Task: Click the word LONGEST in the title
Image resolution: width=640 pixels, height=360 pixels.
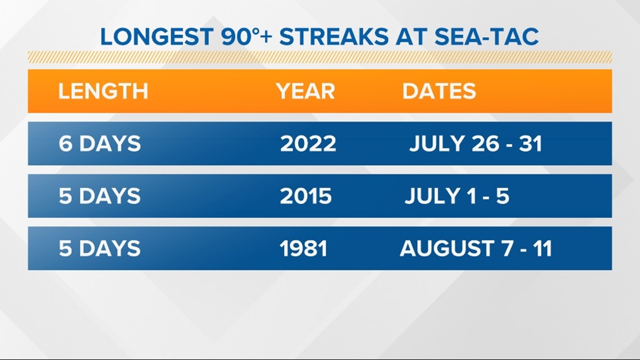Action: point(157,37)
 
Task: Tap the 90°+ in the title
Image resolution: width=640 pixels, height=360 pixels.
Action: point(246,37)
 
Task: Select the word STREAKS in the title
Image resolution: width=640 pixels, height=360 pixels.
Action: point(334,37)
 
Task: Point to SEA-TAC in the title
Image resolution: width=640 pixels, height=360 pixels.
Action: point(487,37)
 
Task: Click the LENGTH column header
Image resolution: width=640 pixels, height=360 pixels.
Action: point(103,91)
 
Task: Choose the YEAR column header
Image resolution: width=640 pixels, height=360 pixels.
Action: point(305,91)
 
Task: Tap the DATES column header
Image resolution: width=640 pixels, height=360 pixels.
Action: point(439,91)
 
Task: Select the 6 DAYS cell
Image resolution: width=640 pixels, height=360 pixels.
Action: point(99,144)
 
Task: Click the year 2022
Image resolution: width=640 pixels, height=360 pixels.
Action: point(308,144)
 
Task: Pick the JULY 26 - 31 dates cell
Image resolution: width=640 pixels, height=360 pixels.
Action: point(476,144)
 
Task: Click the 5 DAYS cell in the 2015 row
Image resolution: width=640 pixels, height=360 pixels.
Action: point(99,196)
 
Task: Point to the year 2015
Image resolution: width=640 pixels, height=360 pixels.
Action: point(306,196)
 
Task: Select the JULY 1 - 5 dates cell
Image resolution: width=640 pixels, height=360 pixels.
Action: point(457,196)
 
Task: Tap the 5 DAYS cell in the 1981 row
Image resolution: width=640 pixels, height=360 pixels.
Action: point(99,248)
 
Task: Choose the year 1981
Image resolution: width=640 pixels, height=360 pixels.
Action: point(304,248)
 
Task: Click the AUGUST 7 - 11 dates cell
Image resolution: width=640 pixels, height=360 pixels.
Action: point(476,248)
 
